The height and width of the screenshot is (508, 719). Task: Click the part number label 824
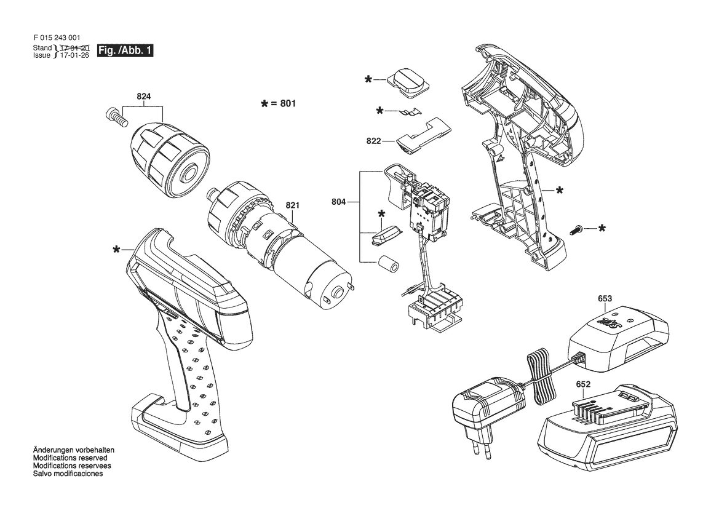(143, 97)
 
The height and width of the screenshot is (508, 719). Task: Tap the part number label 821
(293, 205)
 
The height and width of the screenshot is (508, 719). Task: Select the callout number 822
(373, 141)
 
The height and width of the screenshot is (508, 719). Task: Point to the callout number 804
(338, 201)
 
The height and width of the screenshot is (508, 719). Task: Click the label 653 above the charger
(605, 298)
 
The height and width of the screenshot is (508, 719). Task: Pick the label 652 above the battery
(583, 384)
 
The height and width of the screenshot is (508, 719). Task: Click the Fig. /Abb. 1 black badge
(125, 51)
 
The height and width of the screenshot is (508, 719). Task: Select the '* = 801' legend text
(279, 103)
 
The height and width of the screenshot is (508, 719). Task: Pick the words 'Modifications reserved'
(70, 458)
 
